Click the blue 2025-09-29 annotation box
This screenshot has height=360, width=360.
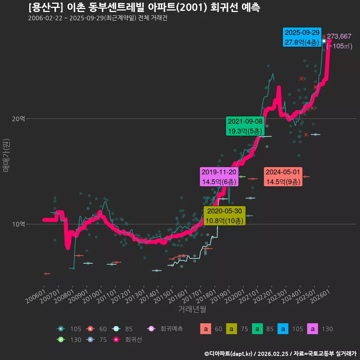pyautogui.click(x=302, y=37)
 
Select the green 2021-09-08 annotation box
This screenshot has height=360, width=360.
pyautogui.click(x=245, y=126)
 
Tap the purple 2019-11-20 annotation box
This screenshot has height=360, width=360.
pyautogui.click(x=219, y=177)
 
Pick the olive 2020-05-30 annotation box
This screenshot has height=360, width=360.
pyautogui.click(x=225, y=216)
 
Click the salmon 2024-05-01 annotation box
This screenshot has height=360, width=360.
pyautogui.click(x=283, y=177)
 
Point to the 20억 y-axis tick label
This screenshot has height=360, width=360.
pyautogui.click(x=18, y=119)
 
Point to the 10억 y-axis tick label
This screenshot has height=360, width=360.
pyautogui.click(x=18, y=224)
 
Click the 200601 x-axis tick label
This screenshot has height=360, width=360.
pyautogui.click(x=36, y=296)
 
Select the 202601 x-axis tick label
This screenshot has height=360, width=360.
pyautogui.click(x=320, y=296)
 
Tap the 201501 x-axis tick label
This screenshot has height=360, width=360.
pyautogui.click(x=164, y=296)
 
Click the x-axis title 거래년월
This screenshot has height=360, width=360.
pyautogui.click(x=192, y=309)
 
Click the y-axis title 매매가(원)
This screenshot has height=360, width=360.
pyautogui.click(x=6, y=155)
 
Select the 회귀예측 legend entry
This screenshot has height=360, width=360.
pyautogui.click(x=165, y=329)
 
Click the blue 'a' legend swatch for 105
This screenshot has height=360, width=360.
pyautogui.click(x=283, y=329)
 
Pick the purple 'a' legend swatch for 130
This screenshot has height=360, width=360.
pyautogui.click(x=312, y=329)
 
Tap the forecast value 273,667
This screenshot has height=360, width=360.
pyautogui.click(x=339, y=36)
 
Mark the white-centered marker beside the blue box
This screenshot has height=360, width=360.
pyautogui.click(x=324, y=41)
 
